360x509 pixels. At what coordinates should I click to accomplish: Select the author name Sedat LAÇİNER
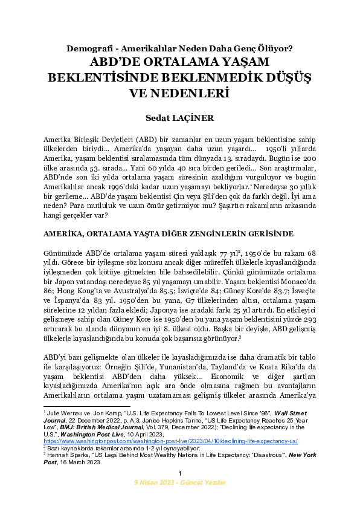tap(179, 115)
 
